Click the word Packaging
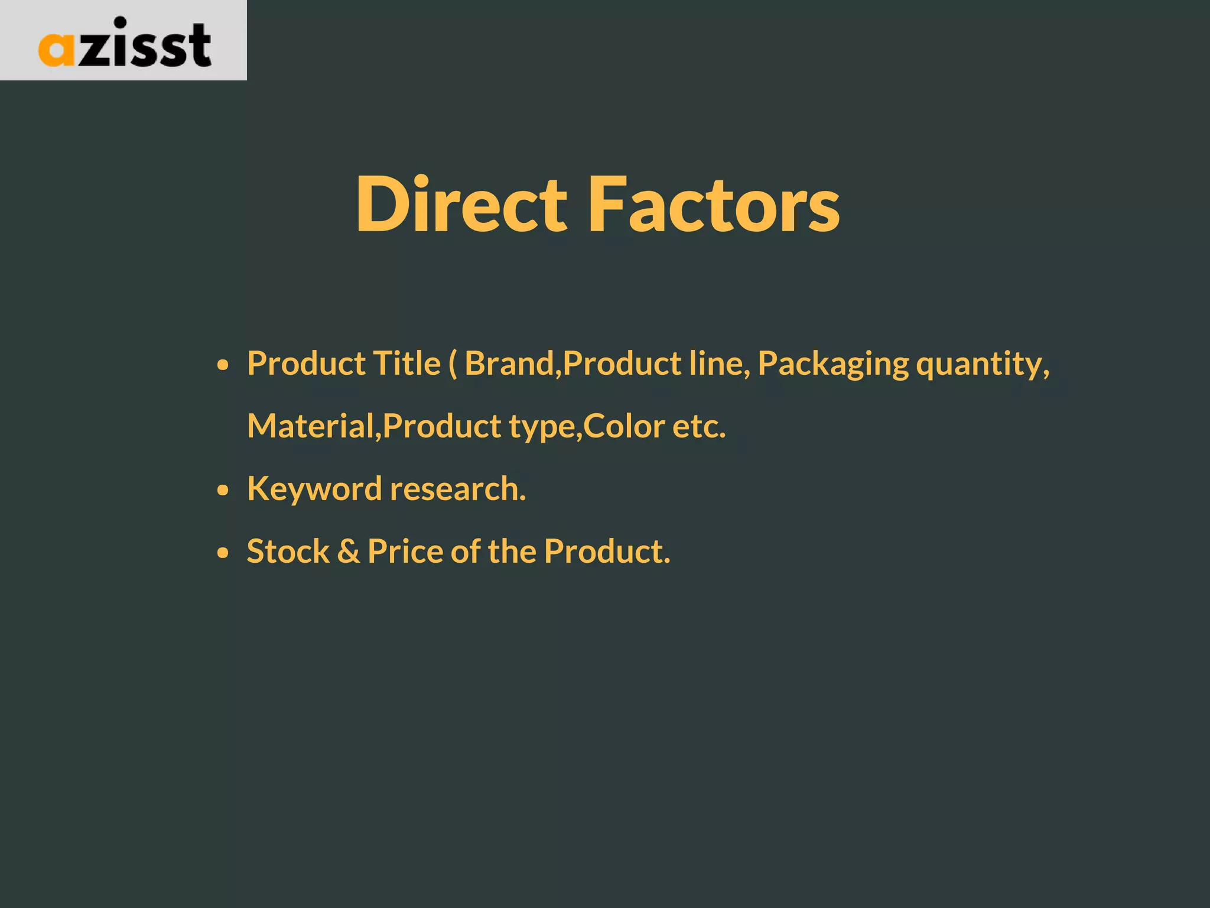coord(833,364)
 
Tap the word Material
coord(311,426)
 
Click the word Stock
coord(288,552)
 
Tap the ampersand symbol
coord(349,552)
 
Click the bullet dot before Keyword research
coord(222,490)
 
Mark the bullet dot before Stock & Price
coord(222,553)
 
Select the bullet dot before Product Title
coord(222,365)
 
